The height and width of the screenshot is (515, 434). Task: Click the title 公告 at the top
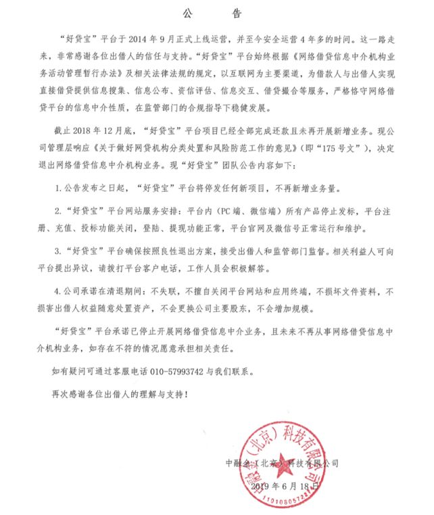[216, 13]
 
